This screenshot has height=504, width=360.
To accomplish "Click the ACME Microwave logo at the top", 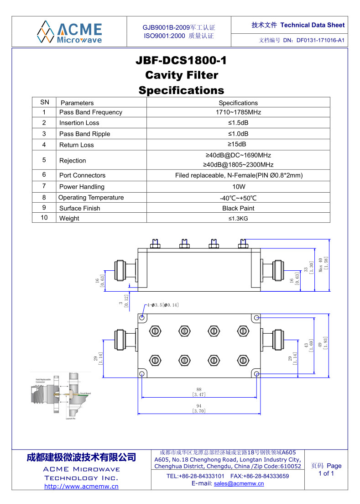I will (69, 31).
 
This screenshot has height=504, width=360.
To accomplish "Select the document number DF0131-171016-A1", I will (320, 40).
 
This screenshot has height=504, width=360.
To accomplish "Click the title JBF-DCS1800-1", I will (181, 61).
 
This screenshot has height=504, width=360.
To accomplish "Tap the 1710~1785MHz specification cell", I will (238, 112).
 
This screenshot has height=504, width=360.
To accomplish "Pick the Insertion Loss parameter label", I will (79, 123).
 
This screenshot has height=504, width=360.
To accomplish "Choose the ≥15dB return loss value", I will (238, 145).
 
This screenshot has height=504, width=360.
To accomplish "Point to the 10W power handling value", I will (238, 187).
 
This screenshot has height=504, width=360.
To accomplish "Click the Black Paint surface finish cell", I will (238, 208).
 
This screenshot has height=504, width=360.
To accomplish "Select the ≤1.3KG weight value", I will (238, 218).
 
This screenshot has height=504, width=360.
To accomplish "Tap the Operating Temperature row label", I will (91, 198).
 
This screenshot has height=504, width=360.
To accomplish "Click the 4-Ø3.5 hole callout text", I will (163, 304).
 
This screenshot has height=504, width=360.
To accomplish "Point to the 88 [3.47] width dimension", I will (199, 391).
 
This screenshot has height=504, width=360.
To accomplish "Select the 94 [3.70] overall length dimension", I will (199, 408).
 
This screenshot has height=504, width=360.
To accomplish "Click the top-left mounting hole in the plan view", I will (142, 317).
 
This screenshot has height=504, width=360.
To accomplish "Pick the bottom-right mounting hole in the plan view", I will (256, 374).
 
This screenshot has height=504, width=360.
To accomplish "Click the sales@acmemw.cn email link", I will (239, 483).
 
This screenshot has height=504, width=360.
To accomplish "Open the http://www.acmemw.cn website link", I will (81, 486).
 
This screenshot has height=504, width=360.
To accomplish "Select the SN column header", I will (45, 102).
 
